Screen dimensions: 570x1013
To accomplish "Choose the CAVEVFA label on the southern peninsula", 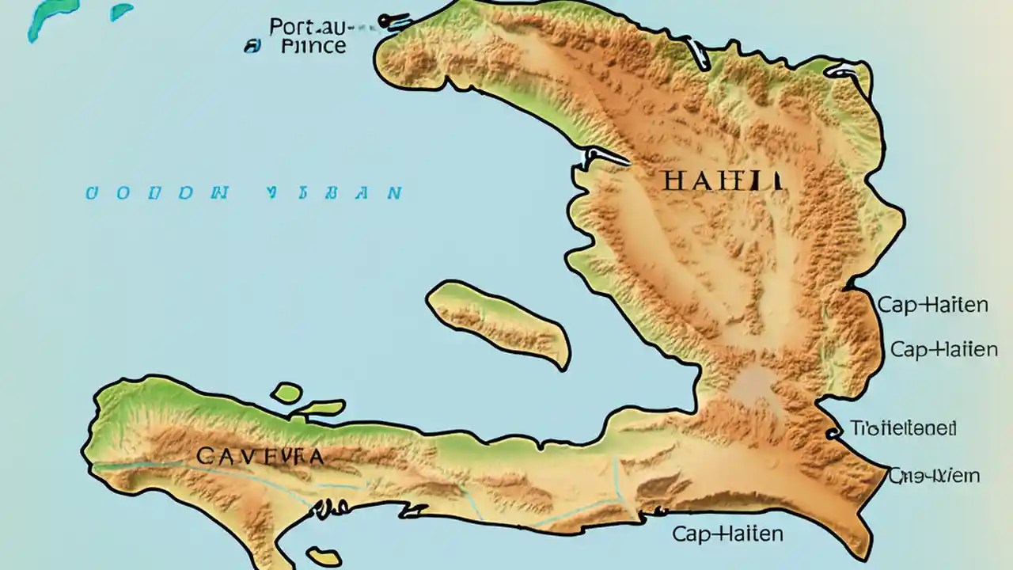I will point(259,456).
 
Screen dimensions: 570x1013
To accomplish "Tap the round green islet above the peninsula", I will point(286,392).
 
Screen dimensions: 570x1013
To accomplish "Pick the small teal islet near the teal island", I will point(121,12).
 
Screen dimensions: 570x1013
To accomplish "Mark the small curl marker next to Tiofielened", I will point(833,431).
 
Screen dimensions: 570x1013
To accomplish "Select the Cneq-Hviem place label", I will point(934,476).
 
